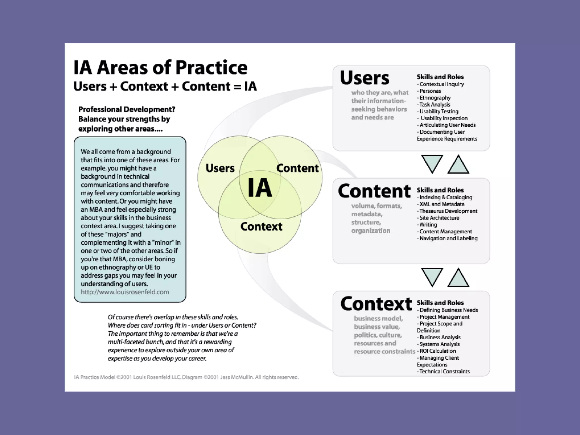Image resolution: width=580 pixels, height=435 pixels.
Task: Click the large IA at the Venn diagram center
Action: (260, 188)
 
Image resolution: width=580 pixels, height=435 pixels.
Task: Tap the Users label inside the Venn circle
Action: (220, 168)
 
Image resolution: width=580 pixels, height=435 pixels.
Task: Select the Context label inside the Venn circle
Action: (261, 227)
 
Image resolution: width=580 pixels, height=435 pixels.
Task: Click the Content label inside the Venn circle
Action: (297, 168)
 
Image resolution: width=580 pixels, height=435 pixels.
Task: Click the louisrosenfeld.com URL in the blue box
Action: (125, 292)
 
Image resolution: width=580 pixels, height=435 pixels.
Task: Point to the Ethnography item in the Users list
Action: (435, 98)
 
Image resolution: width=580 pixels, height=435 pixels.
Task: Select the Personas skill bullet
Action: (430, 91)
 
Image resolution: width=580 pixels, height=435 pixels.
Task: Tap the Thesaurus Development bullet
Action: (448, 211)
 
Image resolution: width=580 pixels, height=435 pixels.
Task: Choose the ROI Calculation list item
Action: (437, 351)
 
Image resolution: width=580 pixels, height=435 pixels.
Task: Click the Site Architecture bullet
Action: (439, 218)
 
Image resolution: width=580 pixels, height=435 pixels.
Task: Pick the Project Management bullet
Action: (444, 317)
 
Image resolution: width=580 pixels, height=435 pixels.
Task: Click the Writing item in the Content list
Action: (428, 225)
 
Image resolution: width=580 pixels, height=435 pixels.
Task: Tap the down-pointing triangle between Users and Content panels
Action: (432, 163)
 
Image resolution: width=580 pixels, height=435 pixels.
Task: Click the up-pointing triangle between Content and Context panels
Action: (458, 278)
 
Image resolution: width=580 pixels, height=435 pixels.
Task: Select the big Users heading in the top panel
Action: (364, 78)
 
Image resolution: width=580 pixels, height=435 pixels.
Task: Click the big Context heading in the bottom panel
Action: (376, 304)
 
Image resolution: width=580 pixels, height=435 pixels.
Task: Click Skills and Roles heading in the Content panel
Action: (440, 190)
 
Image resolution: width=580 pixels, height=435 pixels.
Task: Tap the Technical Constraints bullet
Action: (444, 371)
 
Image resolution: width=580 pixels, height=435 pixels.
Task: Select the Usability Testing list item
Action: (439, 111)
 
